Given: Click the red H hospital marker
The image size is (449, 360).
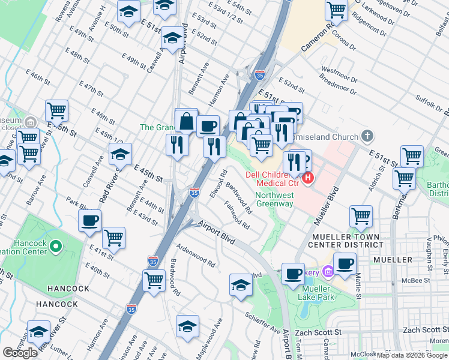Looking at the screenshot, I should tap(309, 178).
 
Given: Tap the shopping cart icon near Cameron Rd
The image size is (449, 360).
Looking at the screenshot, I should tap(337, 10).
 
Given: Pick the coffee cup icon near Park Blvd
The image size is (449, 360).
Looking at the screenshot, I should tap(90, 221).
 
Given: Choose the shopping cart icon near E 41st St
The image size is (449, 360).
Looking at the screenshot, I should tap(113, 238).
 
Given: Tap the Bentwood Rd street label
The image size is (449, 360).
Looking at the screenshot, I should tap(239, 199).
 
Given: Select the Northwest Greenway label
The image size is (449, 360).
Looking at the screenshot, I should tap(274, 199).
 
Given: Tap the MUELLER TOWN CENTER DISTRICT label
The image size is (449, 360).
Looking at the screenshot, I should tap(345, 241).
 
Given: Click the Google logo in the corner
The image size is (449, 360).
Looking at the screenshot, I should tap(20, 352).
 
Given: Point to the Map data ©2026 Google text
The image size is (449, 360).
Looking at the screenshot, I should tap(412, 355).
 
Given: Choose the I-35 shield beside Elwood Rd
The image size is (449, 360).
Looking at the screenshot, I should tap(194, 193).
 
